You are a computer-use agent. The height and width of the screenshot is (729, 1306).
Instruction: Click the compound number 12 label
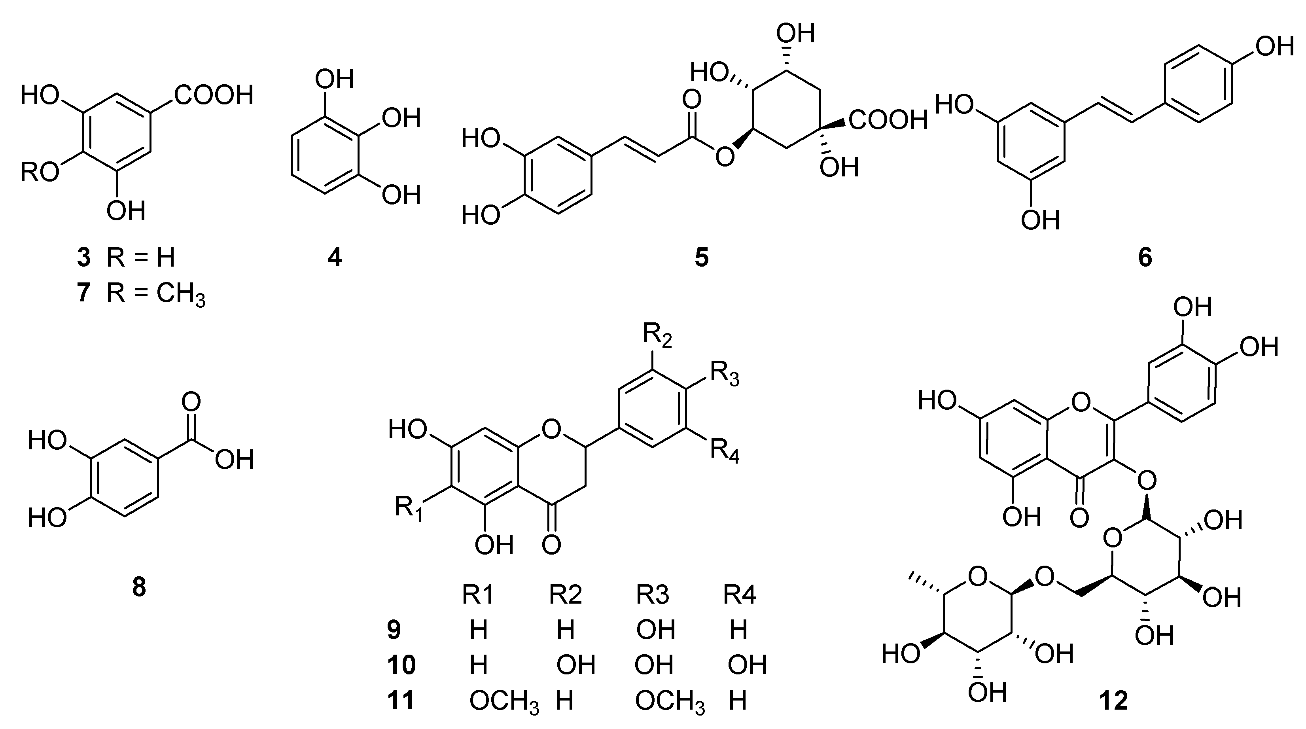(1113, 701)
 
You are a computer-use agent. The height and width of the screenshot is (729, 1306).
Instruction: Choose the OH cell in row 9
(655, 630)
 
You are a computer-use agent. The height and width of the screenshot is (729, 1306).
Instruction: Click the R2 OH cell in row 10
(575, 665)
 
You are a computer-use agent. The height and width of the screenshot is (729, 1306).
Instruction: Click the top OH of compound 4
(334, 79)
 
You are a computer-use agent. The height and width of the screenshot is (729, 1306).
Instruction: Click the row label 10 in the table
(401, 665)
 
